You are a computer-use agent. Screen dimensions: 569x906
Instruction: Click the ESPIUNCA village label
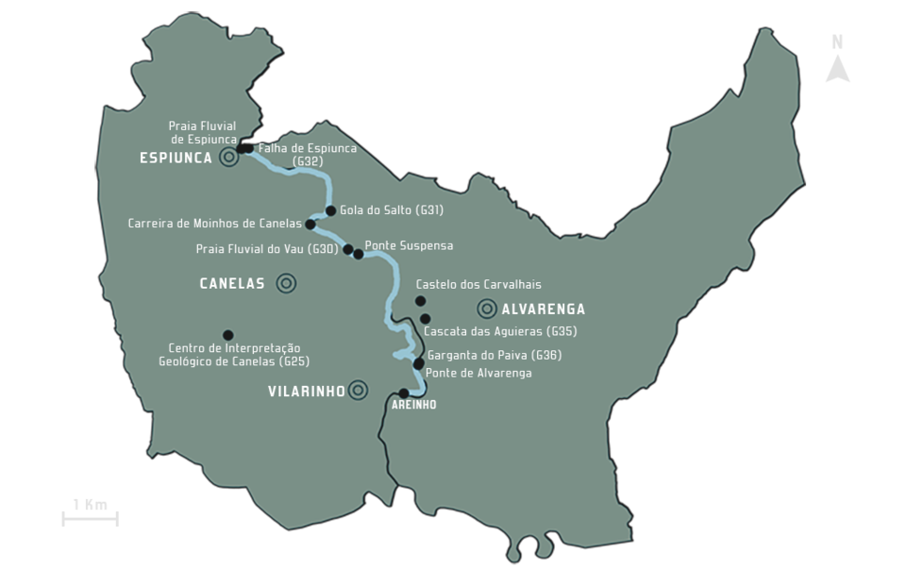click(176, 158)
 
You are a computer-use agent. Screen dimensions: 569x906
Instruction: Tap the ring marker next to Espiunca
click(228, 158)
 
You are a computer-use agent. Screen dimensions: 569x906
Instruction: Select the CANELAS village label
click(232, 283)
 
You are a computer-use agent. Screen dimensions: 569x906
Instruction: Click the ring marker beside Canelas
click(286, 283)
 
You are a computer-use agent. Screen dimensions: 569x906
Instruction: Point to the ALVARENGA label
click(543, 309)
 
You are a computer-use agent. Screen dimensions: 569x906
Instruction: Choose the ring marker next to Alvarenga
click(487, 308)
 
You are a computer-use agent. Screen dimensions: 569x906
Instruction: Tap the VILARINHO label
click(306, 391)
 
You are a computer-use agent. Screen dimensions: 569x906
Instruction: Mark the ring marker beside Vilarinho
click(358, 390)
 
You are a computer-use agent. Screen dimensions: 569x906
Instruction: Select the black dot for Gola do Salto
click(330, 211)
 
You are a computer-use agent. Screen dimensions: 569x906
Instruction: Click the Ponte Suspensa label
click(409, 245)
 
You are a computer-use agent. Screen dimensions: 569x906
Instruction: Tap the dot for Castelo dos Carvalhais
click(421, 301)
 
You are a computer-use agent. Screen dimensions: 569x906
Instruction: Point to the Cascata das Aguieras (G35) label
click(500, 331)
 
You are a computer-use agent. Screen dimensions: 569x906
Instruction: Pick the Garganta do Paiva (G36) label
click(495, 356)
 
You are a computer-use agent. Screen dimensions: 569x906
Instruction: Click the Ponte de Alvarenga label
click(478, 373)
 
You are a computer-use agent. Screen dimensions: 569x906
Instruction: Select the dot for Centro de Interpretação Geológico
click(227, 335)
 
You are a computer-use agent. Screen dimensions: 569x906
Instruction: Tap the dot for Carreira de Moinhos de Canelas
click(310, 225)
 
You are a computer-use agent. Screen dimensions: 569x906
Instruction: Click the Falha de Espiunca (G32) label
click(308, 155)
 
